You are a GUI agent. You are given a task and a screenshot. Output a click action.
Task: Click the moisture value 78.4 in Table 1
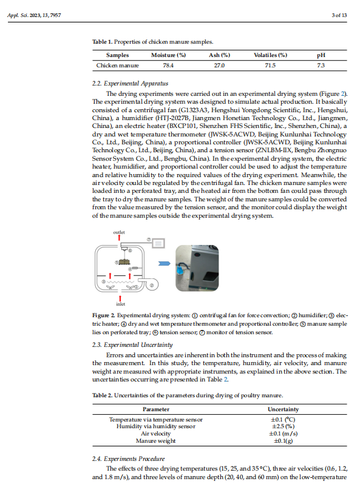pos(168,65)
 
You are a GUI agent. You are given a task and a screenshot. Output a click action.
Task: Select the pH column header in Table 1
pos(321,55)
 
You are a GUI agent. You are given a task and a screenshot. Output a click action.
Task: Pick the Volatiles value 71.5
pos(270,65)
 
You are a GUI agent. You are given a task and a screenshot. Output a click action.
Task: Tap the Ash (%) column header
pos(220,55)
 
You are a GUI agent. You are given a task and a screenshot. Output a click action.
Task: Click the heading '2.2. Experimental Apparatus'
pos(130,84)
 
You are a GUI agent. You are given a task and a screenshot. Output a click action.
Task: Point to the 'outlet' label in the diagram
pos(119,232)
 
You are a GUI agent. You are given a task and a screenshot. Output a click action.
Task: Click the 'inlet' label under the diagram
pos(121,304)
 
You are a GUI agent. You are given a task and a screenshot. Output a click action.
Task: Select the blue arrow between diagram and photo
pos(164,263)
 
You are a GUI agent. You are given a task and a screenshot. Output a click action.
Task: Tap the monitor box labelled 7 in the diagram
pos(158,243)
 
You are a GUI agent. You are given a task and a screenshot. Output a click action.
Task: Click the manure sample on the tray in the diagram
pos(124,261)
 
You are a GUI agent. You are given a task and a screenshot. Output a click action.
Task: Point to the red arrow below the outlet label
pos(119,238)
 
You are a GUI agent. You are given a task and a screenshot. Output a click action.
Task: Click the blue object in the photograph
pos(180,270)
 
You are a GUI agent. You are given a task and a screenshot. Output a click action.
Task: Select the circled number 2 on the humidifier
pos(152,285)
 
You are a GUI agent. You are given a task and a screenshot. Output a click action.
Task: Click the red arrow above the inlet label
pos(120,298)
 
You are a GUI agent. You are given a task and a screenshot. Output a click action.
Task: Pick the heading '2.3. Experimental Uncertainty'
pos(132,345)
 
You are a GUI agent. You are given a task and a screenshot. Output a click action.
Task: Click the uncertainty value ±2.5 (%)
pos(284,426)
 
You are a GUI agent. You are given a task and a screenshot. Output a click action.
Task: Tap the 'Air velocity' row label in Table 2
pos(156,434)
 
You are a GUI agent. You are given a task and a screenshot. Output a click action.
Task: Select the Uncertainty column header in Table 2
pos(284,409)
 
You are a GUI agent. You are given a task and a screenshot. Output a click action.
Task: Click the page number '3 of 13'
pos(339,15)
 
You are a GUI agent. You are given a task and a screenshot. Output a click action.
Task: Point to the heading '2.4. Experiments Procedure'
pos(128,459)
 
